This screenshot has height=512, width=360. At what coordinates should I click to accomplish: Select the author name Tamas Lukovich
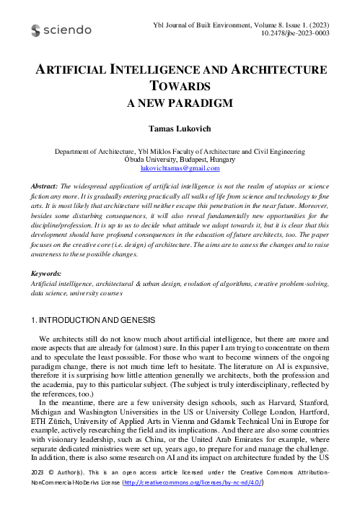tap(180, 129)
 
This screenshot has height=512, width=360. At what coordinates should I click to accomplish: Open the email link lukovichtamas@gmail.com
tap(180, 168)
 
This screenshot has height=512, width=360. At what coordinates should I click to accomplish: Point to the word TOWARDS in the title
tap(180, 87)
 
